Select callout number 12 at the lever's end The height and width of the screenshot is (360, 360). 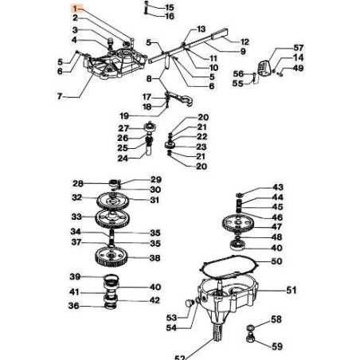(245, 41)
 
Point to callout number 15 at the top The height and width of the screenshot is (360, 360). (168, 6)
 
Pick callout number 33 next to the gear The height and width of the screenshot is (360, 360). (77, 216)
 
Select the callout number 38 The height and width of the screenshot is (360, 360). (155, 258)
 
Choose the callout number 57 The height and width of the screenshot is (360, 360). (277, 48)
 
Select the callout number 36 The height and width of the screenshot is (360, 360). (74, 305)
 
